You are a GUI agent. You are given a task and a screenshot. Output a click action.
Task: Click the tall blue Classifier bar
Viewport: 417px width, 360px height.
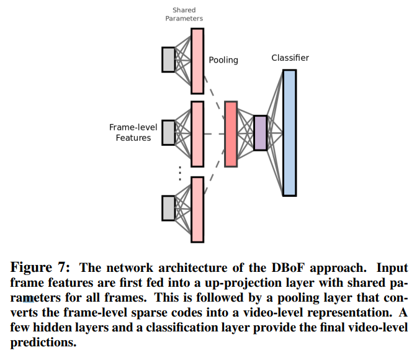[289, 133]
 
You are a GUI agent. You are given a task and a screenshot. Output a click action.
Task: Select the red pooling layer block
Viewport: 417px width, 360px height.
[231, 134]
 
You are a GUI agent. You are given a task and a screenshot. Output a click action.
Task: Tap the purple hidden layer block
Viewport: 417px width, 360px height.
[260, 133]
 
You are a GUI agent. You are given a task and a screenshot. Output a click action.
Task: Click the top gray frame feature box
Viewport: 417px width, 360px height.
[168, 60]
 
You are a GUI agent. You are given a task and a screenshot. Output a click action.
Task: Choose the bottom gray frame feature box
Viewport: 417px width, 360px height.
[168, 208]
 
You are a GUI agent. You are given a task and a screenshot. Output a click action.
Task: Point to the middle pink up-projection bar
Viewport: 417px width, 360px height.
[197, 133]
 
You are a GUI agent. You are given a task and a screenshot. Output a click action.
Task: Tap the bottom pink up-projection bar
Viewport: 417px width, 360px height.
[197, 209]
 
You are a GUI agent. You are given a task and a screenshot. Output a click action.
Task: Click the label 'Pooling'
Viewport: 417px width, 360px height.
[223, 60]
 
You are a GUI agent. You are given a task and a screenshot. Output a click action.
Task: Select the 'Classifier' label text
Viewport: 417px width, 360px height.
[290, 58]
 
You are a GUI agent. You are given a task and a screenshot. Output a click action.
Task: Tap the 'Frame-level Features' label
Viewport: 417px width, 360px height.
[133, 132]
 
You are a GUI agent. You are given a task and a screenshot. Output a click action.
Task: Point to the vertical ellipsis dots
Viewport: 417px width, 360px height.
[180, 172]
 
